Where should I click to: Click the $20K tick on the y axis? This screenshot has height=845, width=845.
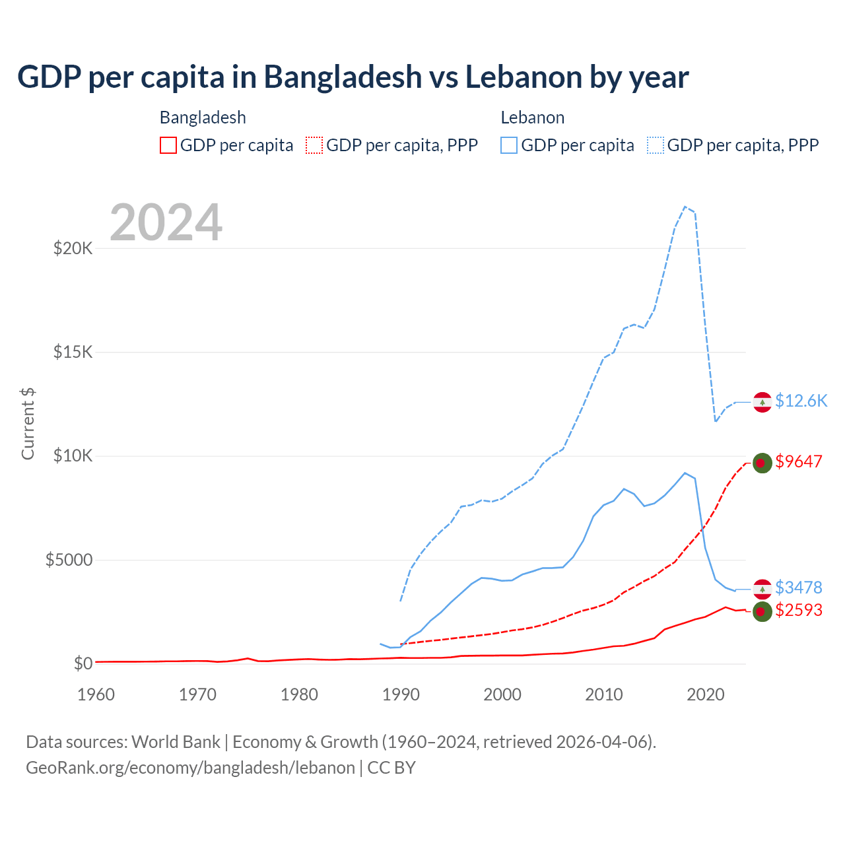(73, 249)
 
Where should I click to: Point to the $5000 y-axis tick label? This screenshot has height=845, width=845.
(69, 560)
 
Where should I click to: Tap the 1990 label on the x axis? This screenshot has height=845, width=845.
(401, 694)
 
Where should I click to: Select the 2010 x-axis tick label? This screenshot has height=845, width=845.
(604, 694)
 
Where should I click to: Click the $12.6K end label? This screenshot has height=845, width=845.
(801, 401)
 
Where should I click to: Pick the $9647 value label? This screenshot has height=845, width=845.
(799, 461)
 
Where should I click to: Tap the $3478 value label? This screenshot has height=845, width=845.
(799, 587)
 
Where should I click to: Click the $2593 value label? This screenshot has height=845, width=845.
(799, 610)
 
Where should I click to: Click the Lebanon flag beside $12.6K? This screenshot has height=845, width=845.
(762, 402)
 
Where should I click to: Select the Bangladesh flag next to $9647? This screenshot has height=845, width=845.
(762, 463)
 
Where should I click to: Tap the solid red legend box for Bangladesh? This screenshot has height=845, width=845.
(168, 145)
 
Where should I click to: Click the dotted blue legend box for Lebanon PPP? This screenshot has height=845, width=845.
(656, 145)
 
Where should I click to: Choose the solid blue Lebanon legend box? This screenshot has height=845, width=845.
(509, 145)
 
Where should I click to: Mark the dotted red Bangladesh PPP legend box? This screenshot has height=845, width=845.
(314, 145)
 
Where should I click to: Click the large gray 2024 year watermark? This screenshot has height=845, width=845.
(166, 222)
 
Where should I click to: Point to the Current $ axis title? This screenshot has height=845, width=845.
(28, 423)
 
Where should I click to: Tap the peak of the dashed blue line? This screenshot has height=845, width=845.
(685, 207)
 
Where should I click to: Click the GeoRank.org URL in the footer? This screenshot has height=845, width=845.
(191, 768)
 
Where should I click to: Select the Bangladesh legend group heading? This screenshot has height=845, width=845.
(203, 118)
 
